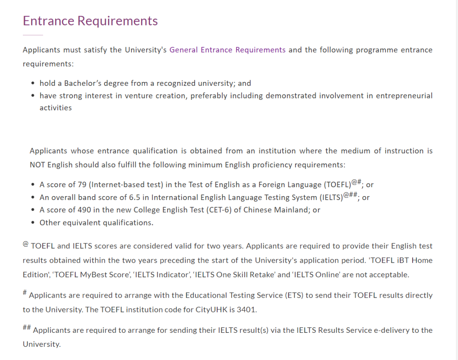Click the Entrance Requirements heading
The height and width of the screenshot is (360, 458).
pyautogui.click(x=90, y=21)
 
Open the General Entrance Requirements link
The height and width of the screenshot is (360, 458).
pyautogui.click(x=227, y=50)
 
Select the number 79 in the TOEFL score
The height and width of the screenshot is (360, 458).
pyautogui.click(x=71, y=185)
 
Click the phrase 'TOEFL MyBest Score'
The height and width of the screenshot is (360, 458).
pyautogui.click(x=91, y=275)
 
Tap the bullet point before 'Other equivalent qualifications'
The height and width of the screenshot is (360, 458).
pyautogui.click(x=33, y=223)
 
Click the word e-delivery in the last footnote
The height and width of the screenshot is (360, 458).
pyautogui.click(x=380, y=330)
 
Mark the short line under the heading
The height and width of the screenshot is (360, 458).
pyautogui.click(x=33, y=35)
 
